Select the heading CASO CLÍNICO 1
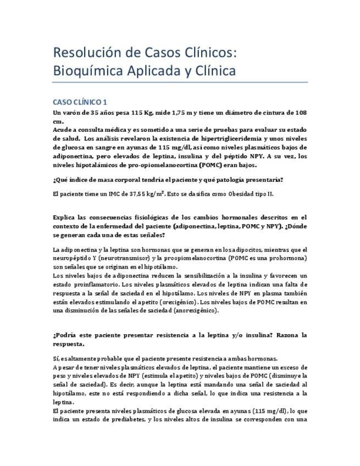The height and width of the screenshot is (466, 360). click(80, 102)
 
